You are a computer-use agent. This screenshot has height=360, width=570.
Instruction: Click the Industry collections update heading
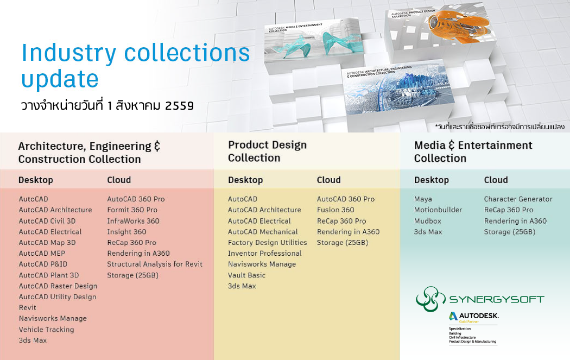click(135, 66)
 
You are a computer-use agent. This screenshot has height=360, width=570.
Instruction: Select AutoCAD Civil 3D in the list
click(47, 221)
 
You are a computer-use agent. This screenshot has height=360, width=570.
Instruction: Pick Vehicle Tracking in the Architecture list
click(46, 330)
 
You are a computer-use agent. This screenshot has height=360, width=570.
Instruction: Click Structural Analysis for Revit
click(155, 264)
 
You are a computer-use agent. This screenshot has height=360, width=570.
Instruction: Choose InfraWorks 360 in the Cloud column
click(133, 221)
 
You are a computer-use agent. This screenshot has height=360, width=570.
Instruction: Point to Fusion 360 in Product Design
click(335, 210)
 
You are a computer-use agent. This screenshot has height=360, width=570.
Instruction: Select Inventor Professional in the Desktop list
click(264, 254)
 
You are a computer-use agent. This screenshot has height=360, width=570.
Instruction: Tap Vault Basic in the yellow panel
click(246, 275)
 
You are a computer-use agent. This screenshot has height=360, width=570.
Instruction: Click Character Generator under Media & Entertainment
click(518, 199)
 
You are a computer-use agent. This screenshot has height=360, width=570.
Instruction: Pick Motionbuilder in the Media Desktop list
click(438, 210)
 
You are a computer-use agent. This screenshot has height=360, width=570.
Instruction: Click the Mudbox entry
click(428, 221)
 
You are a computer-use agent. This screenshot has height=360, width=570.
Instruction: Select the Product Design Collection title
click(267, 151)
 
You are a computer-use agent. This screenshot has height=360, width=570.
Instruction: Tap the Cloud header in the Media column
click(496, 180)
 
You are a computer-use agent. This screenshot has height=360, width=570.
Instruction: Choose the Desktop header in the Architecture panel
click(36, 180)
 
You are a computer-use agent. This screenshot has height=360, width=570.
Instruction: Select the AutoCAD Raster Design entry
click(58, 286)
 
